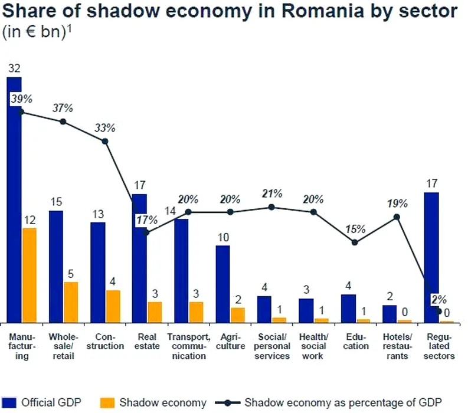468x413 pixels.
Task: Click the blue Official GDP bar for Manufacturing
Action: click(x=14, y=201)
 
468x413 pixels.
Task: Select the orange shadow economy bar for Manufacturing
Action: click(x=29, y=275)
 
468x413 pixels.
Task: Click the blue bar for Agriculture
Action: click(x=222, y=284)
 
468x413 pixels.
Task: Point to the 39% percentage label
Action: click(x=21, y=99)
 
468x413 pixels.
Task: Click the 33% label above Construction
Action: click(x=106, y=127)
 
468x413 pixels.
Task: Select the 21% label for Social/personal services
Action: click(x=272, y=194)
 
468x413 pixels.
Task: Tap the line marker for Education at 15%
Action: click(x=355, y=242)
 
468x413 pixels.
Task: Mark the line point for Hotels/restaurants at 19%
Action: click(x=397, y=217)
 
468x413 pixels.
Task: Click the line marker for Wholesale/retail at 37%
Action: click(x=63, y=122)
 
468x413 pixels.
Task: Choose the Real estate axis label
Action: click(x=146, y=342)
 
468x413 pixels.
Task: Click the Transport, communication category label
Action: click(x=189, y=346)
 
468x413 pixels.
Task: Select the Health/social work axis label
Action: click(x=313, y=346)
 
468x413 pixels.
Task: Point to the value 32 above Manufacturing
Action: click(x=14, y=68)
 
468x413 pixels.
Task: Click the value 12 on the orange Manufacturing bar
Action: click(x=30, y=219)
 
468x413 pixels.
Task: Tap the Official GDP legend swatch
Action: click(x=8, y=403)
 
